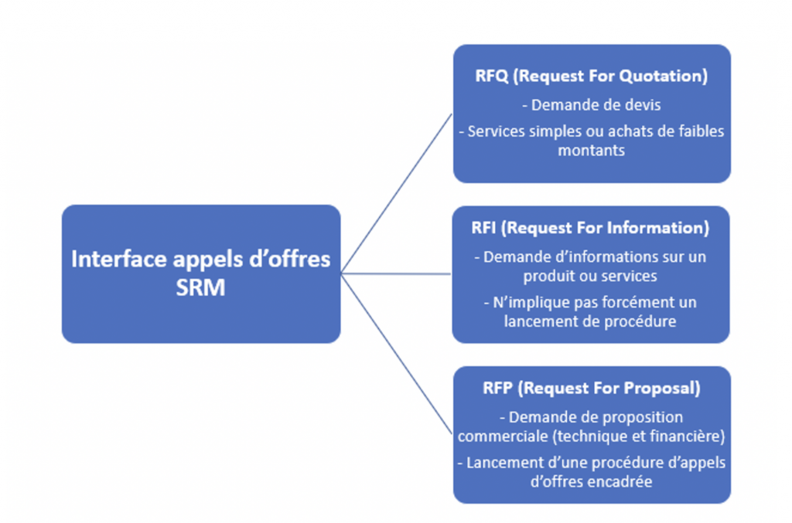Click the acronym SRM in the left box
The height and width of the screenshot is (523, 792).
pos(200,289)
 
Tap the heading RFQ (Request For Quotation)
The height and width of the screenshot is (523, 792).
pos(592,76)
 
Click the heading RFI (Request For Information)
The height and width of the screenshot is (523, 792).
pos(590,228)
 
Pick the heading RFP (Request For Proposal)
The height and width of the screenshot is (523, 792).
pos(592,388)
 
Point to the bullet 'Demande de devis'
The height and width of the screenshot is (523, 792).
pos(591,105)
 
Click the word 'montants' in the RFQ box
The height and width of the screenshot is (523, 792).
pos(591,151)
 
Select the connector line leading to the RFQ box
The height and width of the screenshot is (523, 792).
pos(396,193)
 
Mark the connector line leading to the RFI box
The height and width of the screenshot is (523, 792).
pos(396,273)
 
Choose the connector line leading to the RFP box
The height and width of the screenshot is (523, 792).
pos(396,352)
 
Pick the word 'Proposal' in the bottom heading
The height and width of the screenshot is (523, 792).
pos(661,388)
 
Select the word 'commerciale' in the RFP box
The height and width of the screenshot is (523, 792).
pos(499,436)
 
